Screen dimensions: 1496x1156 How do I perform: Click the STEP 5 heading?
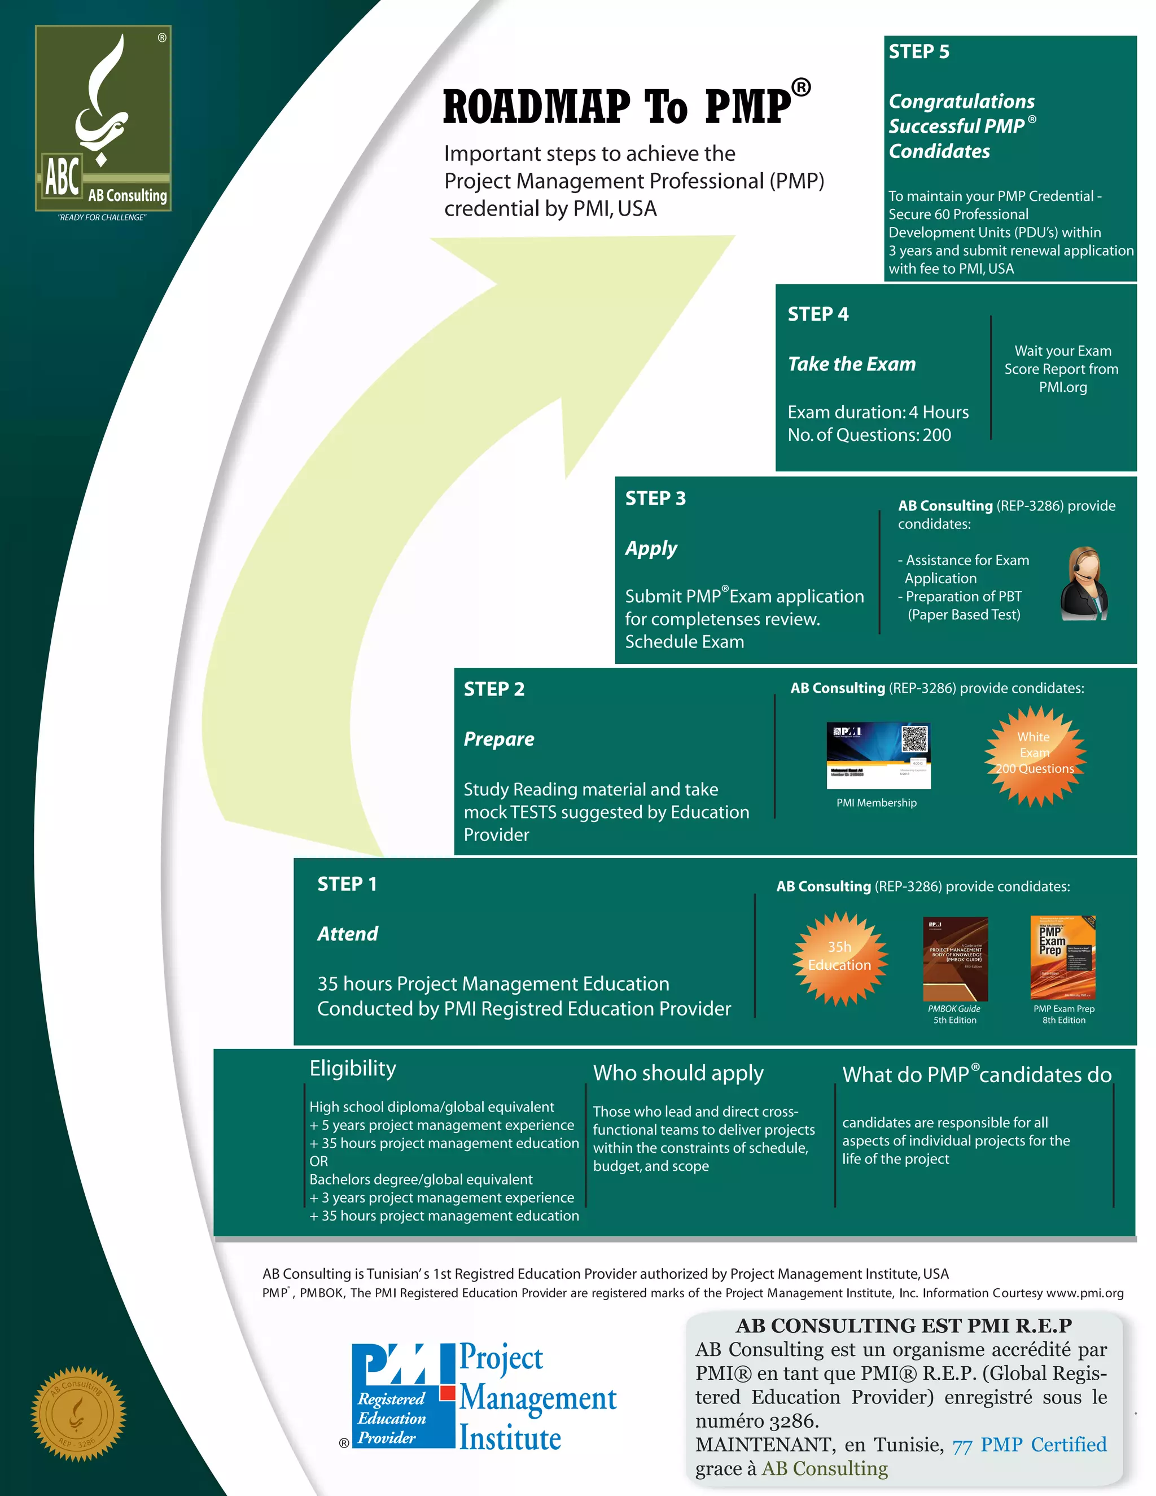pos(918,52)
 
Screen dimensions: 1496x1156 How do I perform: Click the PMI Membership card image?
pos(878,755)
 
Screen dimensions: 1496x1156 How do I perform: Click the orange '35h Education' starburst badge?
pos(839,957)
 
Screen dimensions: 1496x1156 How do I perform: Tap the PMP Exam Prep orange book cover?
pos(1063,957)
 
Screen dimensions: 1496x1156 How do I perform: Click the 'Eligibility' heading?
pos(353,1068)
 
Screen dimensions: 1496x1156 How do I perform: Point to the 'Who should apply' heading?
pos(678,1073)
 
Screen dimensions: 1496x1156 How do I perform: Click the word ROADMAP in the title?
pos(536,107)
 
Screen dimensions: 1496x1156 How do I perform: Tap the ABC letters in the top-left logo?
pos(62,177)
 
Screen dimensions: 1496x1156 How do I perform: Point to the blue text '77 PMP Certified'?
pos(1028,1444)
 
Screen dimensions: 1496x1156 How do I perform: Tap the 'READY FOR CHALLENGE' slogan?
pos(102,218)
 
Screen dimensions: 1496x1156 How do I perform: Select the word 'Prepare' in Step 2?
pos(498,739)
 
